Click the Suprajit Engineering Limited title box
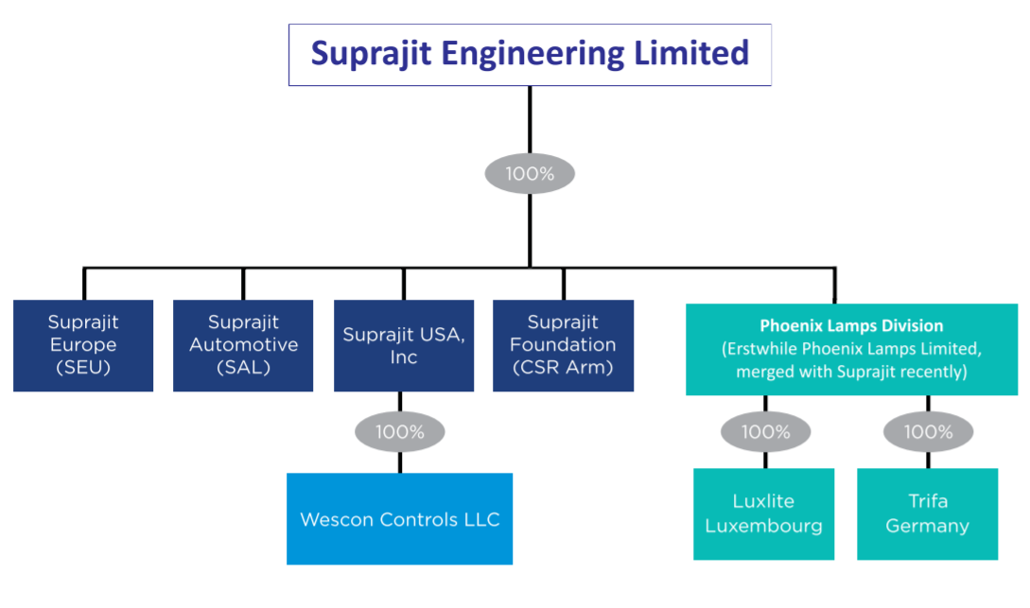point(530,55)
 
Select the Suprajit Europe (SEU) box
point(83,345)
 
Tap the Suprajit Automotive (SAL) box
point(243,345)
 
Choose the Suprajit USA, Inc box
point(404,345)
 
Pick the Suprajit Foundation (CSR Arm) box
point(564,345)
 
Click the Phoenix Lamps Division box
point(851,349)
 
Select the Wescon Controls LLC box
point(399,519)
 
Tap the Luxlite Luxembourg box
point(764,513)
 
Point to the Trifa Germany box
point(927,513)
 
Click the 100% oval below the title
point(530,174)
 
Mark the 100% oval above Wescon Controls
point(399,432)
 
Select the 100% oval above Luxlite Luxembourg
point(765,432)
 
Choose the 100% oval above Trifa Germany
point(928,432)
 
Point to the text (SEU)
point(83,367)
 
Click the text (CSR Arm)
point(564,367)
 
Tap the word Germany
point(927,526)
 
